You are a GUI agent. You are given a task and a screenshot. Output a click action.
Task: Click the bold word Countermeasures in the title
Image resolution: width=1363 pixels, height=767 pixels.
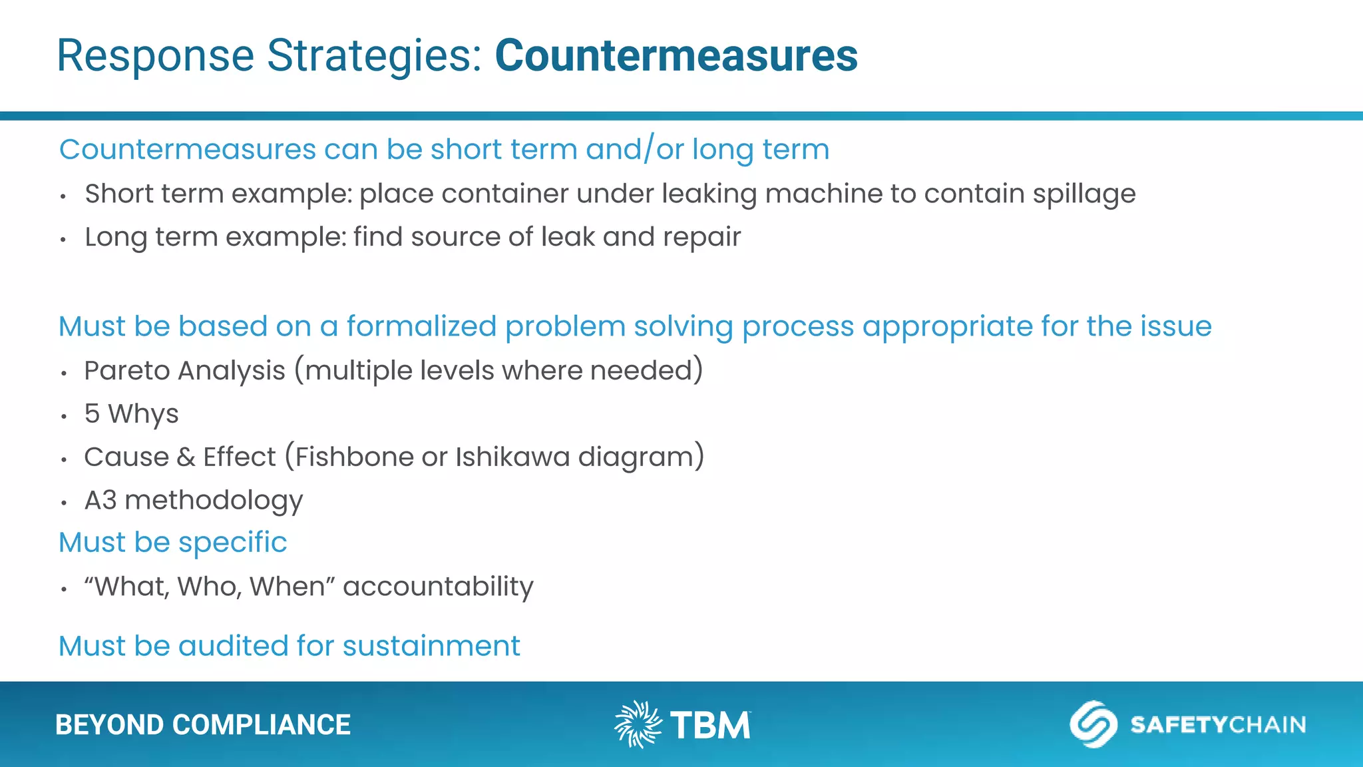pyautogui.click(x=676, y=55)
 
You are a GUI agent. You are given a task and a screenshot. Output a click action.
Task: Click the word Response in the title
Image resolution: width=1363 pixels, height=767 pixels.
pyautogui.click(x=155, y=55)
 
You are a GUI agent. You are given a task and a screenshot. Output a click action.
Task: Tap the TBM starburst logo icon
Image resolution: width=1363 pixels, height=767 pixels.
pyautogui.click(x=638, y=724)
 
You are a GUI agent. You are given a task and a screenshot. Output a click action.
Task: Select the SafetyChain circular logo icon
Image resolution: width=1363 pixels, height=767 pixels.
pyautogui.click(x=1093, y=724)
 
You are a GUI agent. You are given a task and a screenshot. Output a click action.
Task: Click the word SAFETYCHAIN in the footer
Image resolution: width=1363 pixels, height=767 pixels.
pyautogui.click(x=1218, y=724)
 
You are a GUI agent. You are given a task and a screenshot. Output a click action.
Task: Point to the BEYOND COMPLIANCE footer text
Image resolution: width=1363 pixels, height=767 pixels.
pyautogui.click(x=202, y=725)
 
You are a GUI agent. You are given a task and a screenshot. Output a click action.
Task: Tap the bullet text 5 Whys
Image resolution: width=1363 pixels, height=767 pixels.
pyautogui.click(x=131, y=414)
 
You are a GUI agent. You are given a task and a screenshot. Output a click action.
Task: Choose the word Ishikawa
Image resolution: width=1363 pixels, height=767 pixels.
pyautogui.click(x=512, y=457)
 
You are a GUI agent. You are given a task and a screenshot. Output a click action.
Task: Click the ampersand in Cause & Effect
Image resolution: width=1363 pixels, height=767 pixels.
pyautogui.click(x=186, y=457)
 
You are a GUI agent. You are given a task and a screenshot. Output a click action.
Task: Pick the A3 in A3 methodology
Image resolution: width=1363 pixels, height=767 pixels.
pyautogui.click(x=100, y=501)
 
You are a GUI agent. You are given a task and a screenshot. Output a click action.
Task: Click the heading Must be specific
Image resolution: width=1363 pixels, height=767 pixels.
pyautogui.click(x=172, y=543)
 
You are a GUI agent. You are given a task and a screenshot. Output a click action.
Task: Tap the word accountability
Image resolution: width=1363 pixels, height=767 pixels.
pyautogui.click(x=437, y=587)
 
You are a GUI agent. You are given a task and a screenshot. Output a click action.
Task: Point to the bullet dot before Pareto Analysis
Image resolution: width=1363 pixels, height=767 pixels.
pyautogui.click(x=64, y=374)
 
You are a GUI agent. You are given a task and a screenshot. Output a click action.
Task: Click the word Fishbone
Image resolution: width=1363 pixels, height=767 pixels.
pyautogui.click(x=354, y=457)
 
